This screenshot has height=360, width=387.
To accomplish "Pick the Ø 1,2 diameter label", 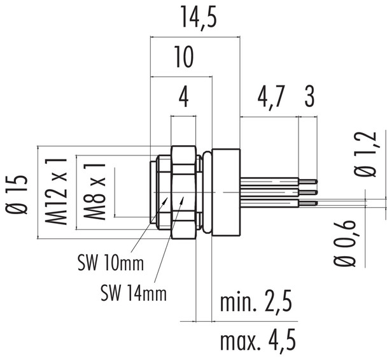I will pyautogui.click(x=363, y=154).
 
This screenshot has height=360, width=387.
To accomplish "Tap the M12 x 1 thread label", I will pyautogui.click(x=59, y=192).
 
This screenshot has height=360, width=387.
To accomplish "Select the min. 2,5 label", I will pyautogui.click(x=256, y=304).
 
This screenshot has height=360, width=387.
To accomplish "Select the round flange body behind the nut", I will pyautogui.click(x=225, y=192).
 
